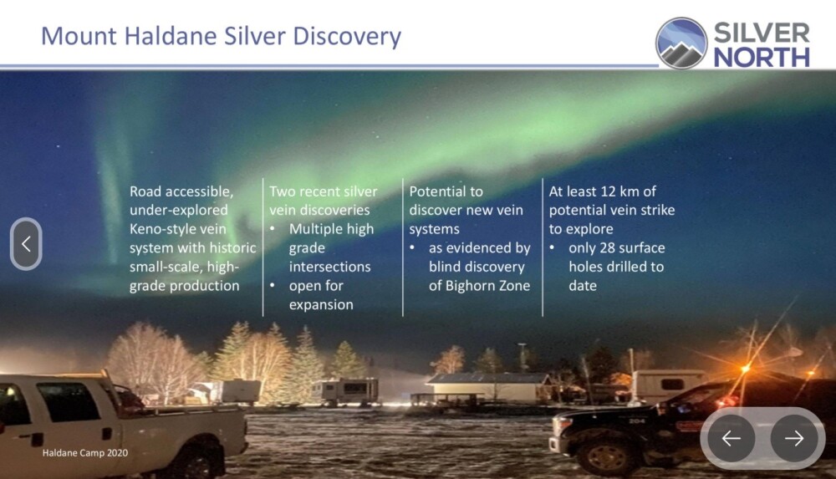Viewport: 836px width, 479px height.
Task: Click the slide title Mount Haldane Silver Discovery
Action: pos(221,36)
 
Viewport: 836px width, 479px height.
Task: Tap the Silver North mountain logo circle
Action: pos(681,43)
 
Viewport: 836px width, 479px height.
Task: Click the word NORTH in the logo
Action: pos(762,58)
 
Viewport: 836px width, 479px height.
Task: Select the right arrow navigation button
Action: pos(794,438)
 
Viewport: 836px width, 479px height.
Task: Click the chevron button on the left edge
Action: pos(26,244)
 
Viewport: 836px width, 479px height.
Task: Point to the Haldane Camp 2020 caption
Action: pos(85,453)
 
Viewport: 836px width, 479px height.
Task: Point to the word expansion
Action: pos(321,304)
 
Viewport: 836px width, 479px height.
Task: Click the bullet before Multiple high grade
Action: pos(273,229)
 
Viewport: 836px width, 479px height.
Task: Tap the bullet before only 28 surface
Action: pos(553,248)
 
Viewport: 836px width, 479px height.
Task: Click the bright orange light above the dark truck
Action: pos(746,368)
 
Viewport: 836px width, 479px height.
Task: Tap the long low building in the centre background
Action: pos(488,389)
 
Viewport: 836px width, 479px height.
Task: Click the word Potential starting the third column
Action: pos(446,191)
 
